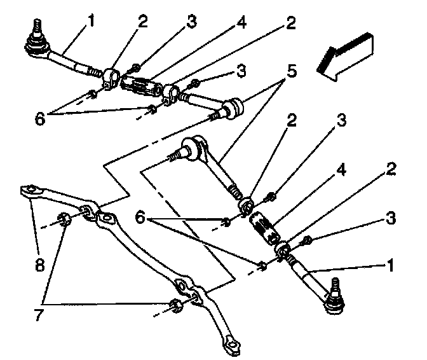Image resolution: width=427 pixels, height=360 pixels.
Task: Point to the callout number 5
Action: point(291,71)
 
